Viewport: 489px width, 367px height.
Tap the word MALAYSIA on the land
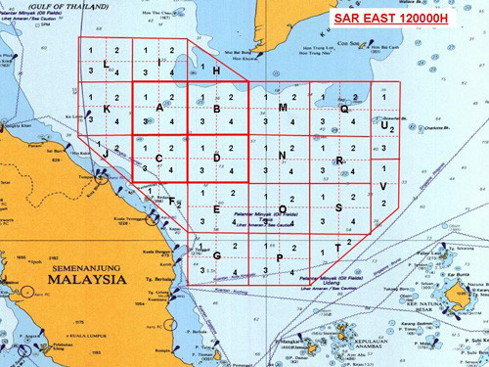tap(82, 278)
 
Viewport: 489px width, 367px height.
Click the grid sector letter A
tap(159, 107)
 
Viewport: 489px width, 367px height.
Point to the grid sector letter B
tap(216, 108)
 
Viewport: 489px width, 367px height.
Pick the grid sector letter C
tap(159, 159)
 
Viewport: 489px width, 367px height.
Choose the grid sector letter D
tap(216, 159)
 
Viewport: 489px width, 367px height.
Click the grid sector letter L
tap(105, 63)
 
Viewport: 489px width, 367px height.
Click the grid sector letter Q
tap(343, 110)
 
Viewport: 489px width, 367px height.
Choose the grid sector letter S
tap(338, 207)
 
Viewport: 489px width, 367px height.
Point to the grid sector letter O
tap(282, 208)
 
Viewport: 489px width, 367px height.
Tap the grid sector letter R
tap(338, 160)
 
